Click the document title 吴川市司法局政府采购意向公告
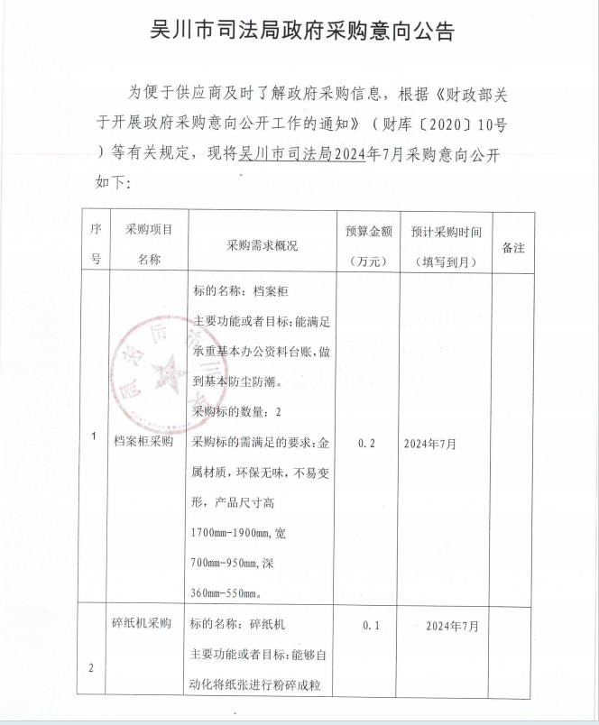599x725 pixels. click(301, 32)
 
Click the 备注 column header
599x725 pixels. click(512, 247)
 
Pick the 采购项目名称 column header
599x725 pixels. click(148, 245)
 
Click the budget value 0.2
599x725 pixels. click(366, 444)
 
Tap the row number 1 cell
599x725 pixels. click(94, 437)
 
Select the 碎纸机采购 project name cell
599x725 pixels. click(148, 623)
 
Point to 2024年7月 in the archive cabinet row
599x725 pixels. click(430, 444)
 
